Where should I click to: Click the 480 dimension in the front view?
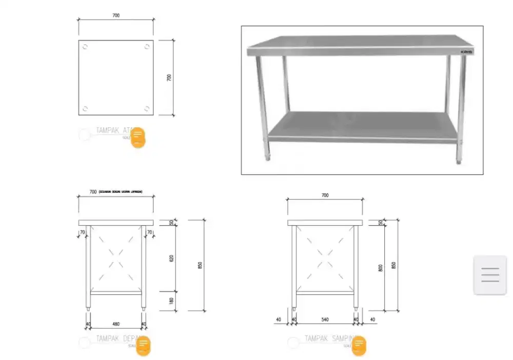click(116, 324)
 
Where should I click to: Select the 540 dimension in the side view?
click(325, 319)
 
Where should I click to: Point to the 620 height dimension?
click(171, 258)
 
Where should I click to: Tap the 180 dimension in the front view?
click(171, 301)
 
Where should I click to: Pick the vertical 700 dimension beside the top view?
click(169, 77)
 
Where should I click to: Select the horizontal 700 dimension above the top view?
click(116, 15)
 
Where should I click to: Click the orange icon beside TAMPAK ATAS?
click(138, 137)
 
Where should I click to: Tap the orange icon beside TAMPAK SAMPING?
click(359, 346)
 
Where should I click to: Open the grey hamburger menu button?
click(490, 275)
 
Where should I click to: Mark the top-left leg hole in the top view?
click(85, 47)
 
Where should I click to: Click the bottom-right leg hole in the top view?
click(147, 108)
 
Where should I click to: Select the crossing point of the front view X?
click(116, 257)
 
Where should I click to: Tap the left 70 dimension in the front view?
click(83, 233)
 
